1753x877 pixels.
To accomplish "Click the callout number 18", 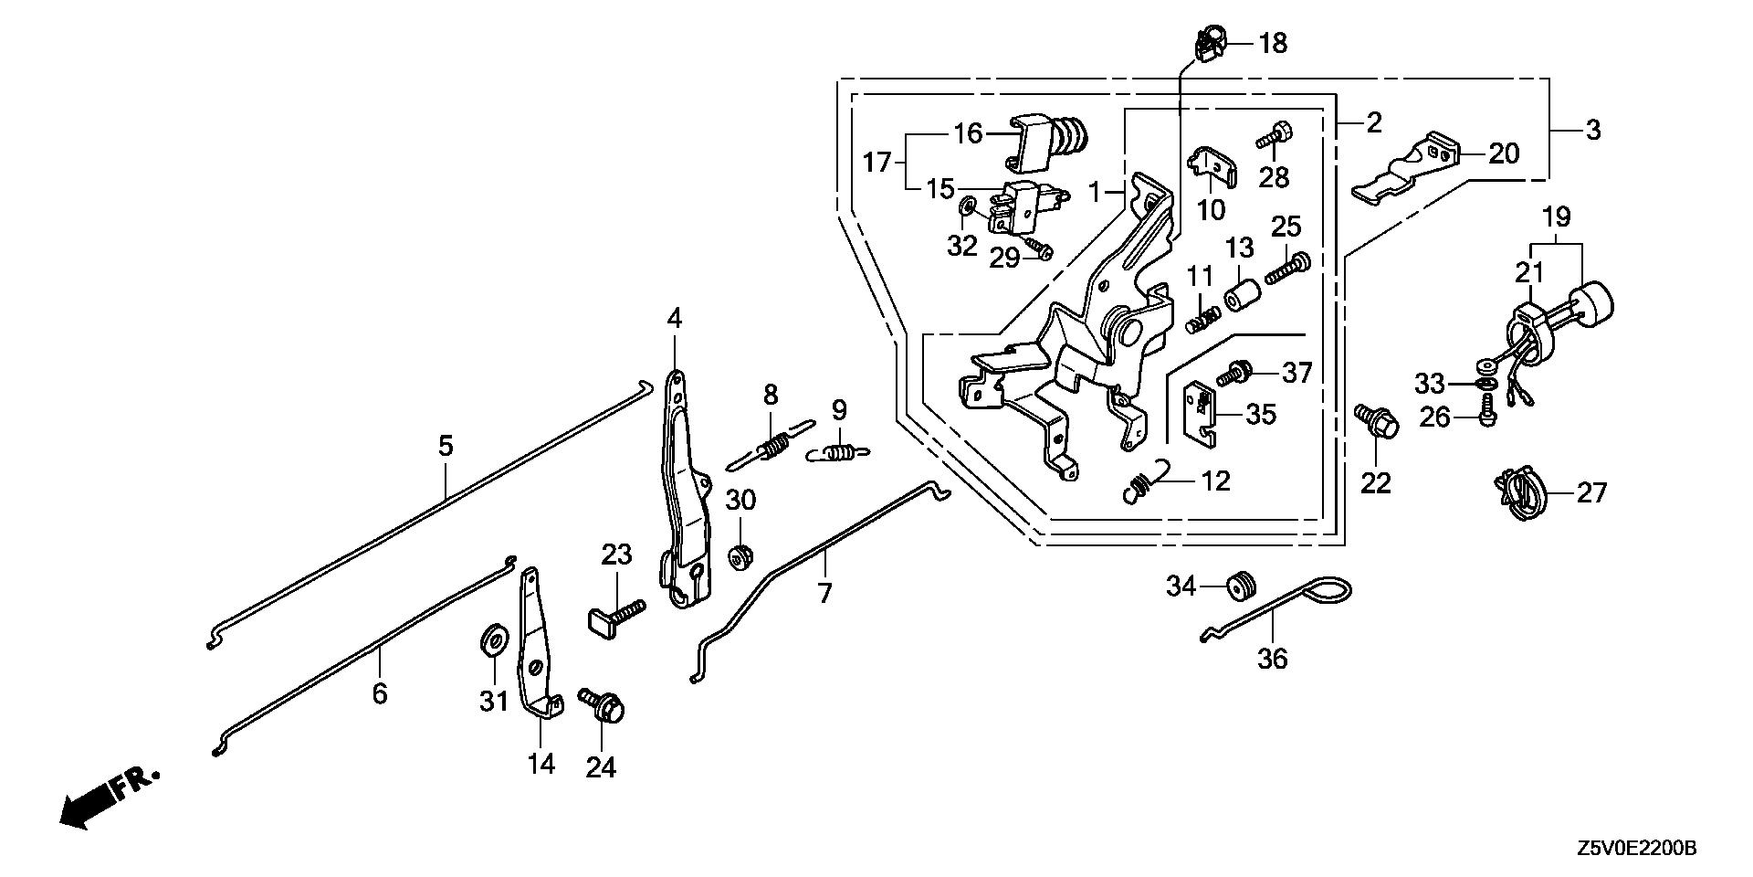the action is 1273,43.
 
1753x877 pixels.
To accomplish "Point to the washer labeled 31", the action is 494,639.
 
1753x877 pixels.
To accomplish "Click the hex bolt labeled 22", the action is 1374,422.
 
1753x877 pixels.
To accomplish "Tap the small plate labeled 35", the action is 1202,415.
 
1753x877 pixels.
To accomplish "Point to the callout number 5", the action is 445,447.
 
